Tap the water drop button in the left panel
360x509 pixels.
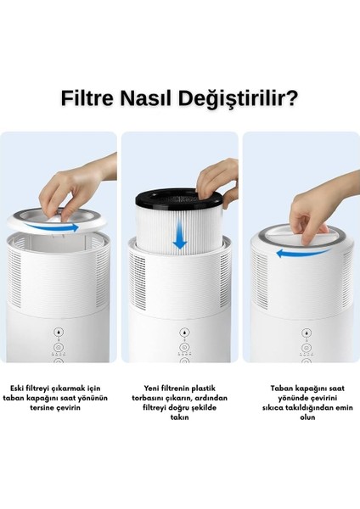click(58, 332)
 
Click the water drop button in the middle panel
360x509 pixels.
click(179, 333)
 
